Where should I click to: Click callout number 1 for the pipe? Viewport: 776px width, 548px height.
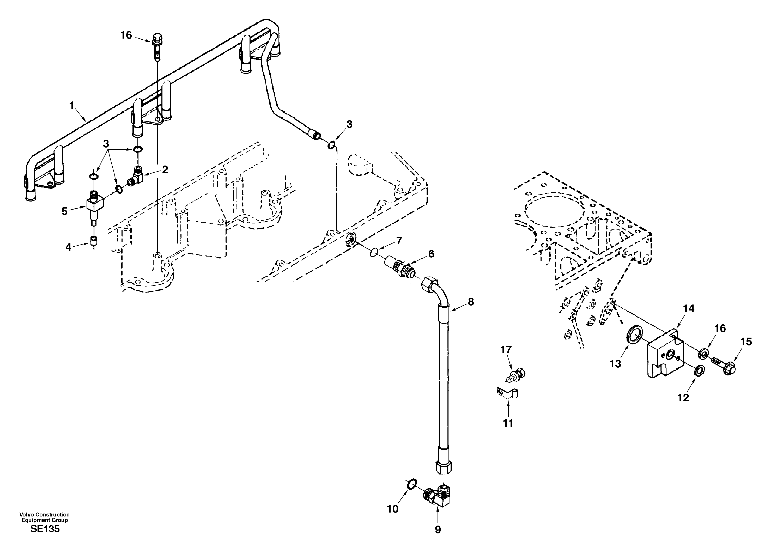pos(71,106)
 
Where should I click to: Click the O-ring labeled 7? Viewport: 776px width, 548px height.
pos(374,252)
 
